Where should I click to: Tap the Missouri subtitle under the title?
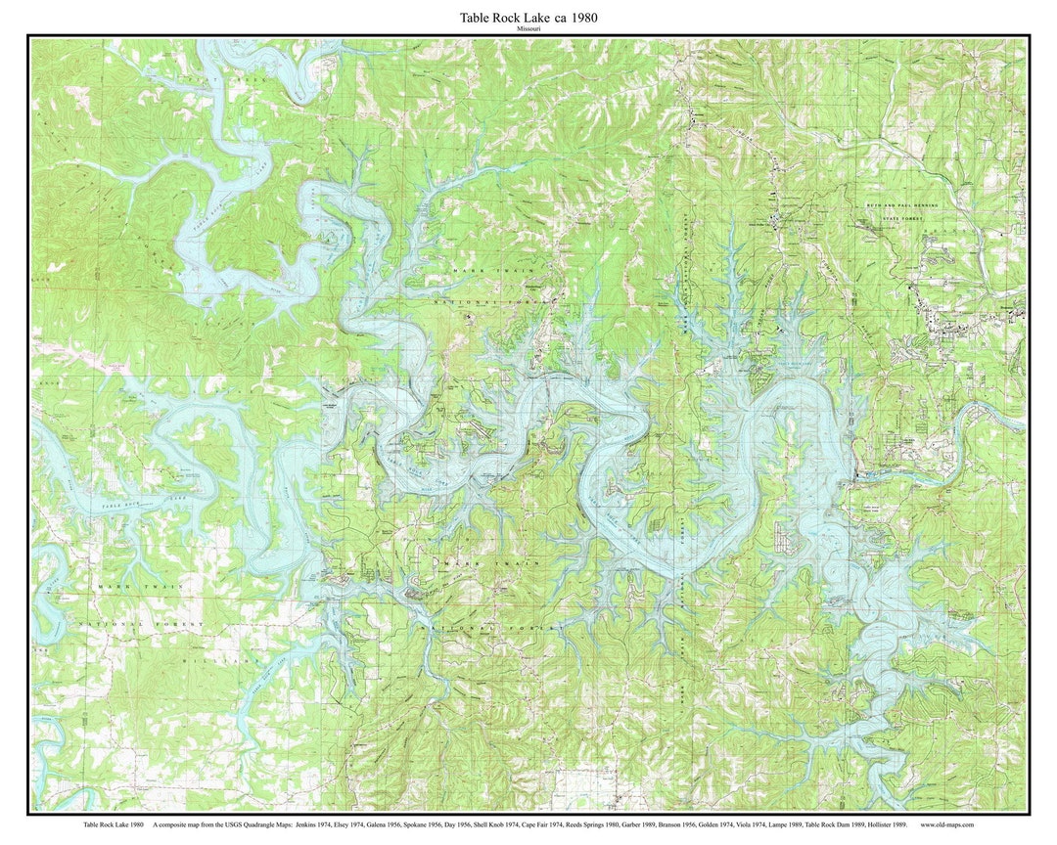click(x=528, y=29)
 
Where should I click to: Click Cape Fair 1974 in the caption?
click(x=544, y=825)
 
